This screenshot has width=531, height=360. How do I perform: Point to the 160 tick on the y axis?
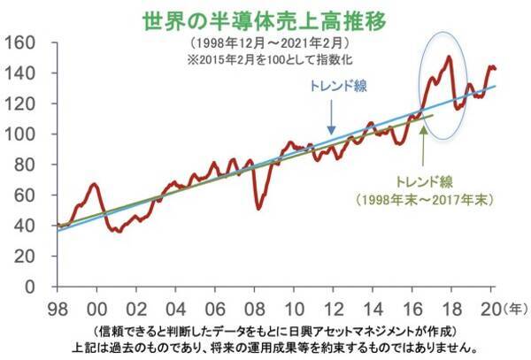click(19, 42)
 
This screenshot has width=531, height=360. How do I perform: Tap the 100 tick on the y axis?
click(19, 134)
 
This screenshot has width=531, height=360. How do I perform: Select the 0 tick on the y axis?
click(29, 287)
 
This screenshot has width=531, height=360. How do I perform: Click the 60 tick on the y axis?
click(23, 195)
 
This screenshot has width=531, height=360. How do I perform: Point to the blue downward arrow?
click(331, 118)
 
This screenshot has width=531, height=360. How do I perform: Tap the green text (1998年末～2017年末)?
click(424, 199)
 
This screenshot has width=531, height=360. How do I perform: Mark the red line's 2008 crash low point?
click(258, 208)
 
